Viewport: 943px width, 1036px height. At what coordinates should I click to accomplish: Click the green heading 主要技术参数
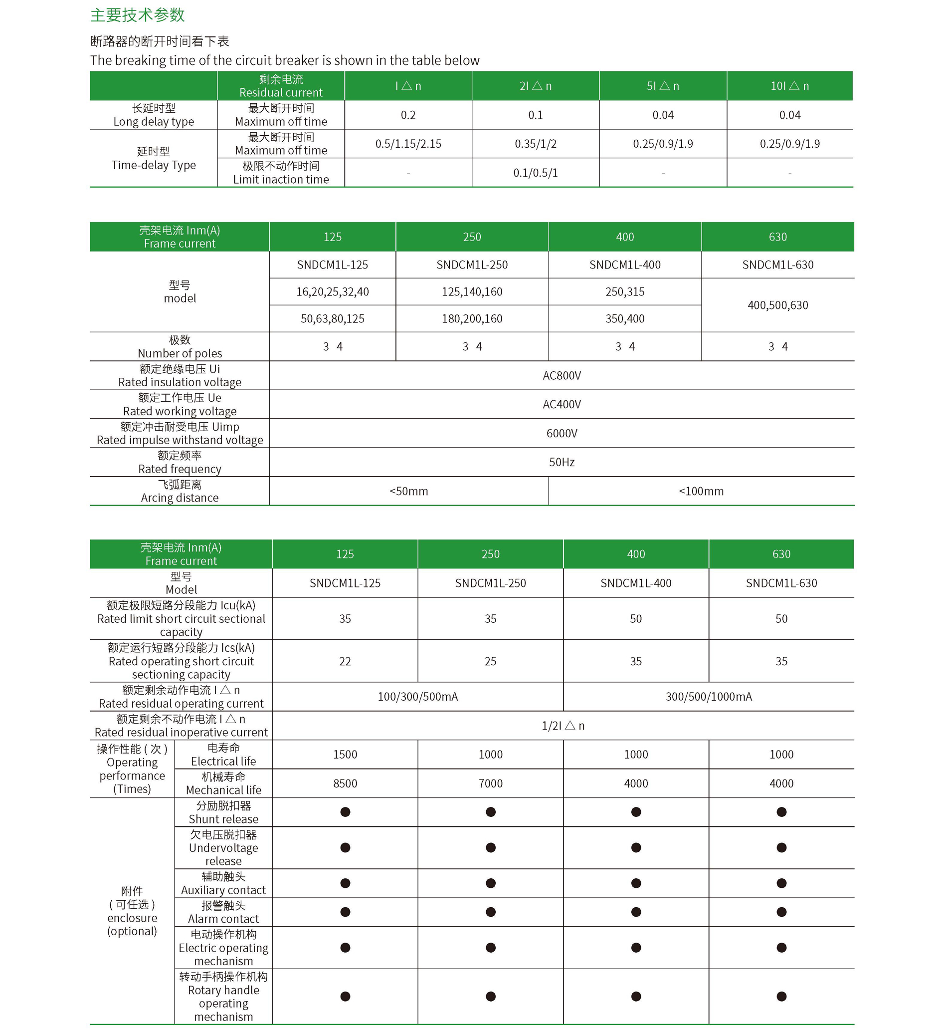click(137, 15)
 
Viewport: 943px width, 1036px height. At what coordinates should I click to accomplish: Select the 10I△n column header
click(789, 86)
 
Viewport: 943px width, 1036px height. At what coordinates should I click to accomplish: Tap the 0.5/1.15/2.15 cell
click(408, 144)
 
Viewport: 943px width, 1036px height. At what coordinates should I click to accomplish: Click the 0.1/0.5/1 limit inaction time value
click(535, 173)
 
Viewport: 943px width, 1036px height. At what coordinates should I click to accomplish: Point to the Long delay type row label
click(154, 115)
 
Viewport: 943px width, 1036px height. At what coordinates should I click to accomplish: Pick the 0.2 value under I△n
click(408, 115)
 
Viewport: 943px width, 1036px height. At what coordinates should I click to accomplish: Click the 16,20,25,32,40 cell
click(332, 292)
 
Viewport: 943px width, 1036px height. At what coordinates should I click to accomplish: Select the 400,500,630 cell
click(777, 305)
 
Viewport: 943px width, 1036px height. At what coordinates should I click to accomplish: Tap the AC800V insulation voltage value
click(562, 376)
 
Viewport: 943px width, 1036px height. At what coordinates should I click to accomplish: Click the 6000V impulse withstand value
click(562, 433)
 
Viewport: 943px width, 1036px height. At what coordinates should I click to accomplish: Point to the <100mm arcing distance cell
click(701, 491)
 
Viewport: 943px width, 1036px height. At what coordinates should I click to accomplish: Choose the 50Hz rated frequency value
click(562, 462)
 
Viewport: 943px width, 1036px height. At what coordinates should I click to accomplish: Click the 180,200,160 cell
click(472, 318)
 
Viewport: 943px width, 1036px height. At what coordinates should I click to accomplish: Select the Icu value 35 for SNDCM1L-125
click(345, 619)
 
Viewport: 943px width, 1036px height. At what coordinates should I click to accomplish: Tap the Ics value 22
click(345, 661)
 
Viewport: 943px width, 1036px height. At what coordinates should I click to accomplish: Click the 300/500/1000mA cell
click(709, 697)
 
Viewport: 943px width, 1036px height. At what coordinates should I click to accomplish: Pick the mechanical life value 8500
click(345, 783)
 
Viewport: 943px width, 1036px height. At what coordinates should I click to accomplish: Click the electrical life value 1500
click(345, 755)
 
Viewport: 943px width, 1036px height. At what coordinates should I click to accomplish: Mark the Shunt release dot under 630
click(781, 812)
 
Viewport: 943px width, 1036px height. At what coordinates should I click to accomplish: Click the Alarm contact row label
click(223, 912)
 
